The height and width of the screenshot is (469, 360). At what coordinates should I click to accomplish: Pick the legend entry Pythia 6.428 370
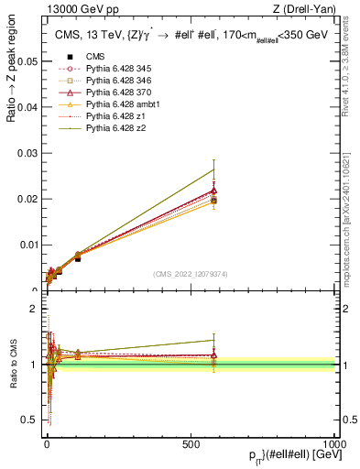(101, 93)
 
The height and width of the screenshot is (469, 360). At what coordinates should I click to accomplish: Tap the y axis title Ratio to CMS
(14, 364)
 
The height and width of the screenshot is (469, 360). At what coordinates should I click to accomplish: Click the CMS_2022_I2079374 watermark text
(191, 273)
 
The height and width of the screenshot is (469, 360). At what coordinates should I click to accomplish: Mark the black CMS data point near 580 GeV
(213, 200)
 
